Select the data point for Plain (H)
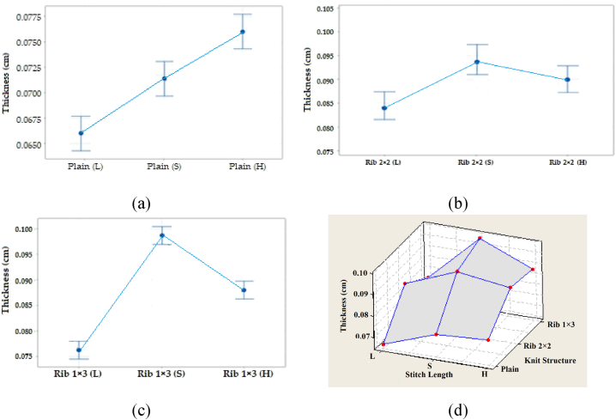click(x=243, y=32)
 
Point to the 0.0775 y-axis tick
click(x=29, y=16)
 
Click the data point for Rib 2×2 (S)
click(x=476, y=62)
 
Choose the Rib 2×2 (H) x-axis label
click(x=569, y=162)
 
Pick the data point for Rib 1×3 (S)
click(x=161, y=235)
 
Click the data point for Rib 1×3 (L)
click(x=79, y=350)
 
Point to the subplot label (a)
click(x=142, y=204)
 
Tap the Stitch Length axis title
click(x=436, y=374)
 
